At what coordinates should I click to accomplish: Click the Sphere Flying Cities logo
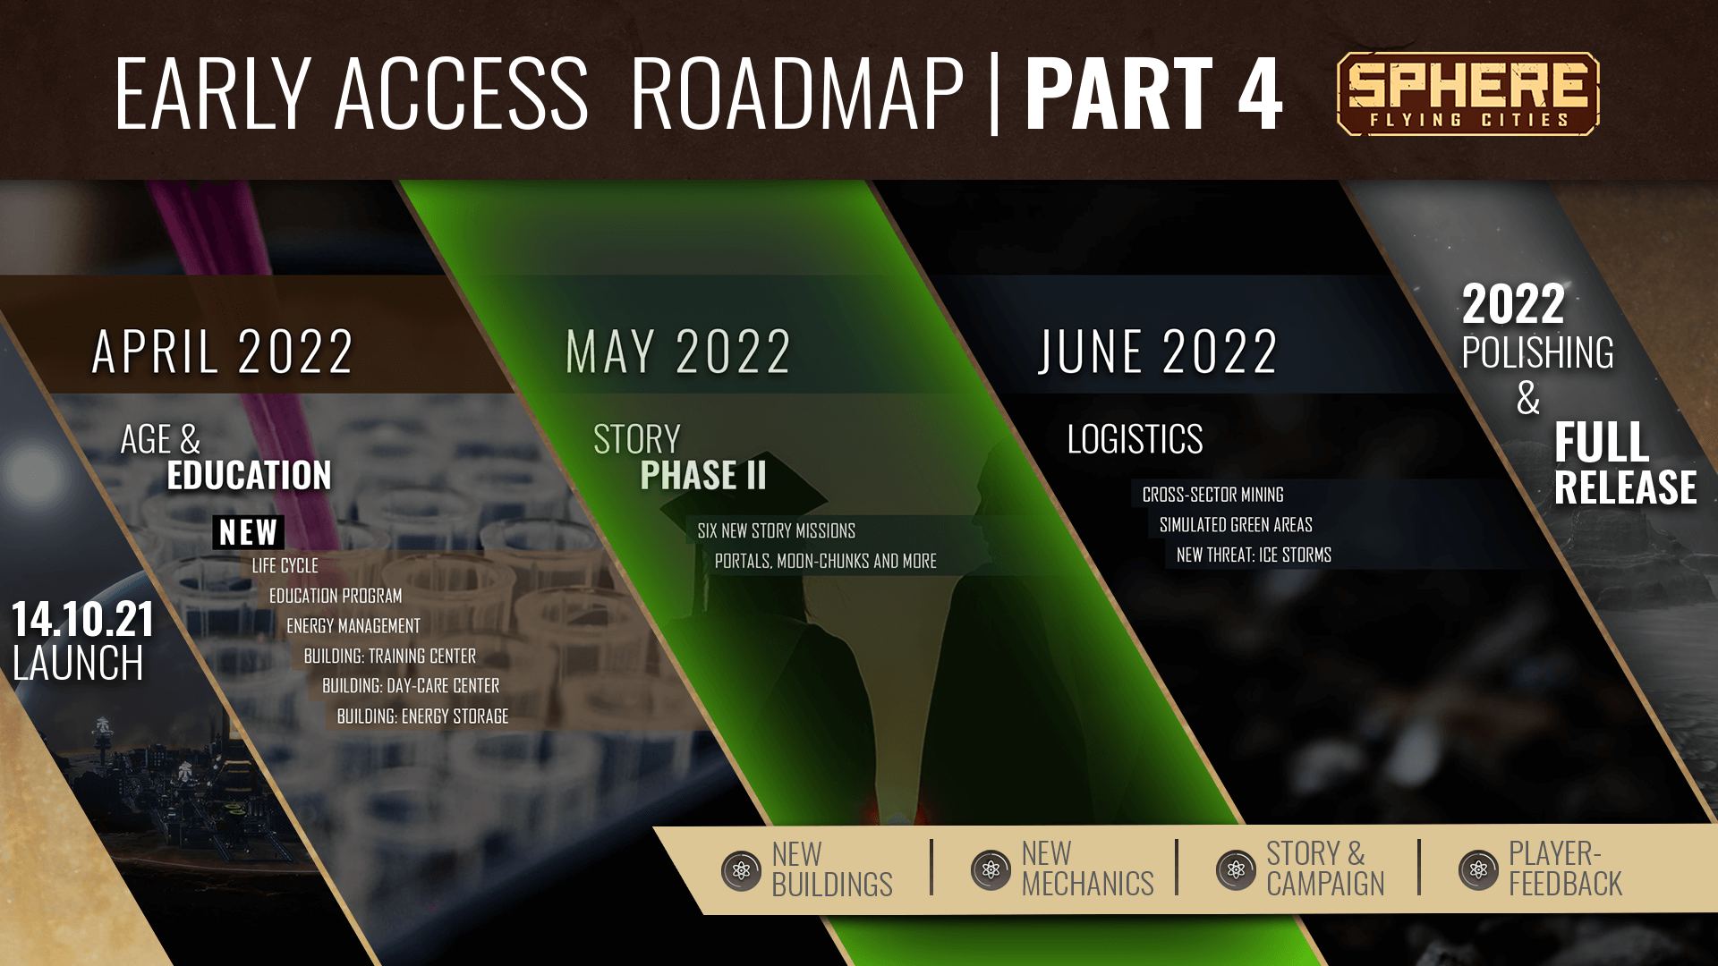(x=1467, y=93)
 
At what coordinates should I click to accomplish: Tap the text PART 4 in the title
(x=1154, y=93)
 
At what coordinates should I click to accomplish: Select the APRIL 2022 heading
(x=223, y=351)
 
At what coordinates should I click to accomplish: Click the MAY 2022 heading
(x=678, y=351)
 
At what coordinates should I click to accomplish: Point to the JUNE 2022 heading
(x=1158, y=351)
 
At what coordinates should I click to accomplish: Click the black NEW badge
(x=248, y=532)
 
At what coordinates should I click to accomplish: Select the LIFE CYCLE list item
(x=285, y=565)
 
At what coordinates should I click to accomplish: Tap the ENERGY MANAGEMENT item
(x=353, y=625)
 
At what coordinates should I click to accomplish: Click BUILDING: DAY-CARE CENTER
(x=411, y=685)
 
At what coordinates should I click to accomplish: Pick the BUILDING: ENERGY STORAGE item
(x=422, y=716)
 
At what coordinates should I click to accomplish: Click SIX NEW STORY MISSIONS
(x=776, y=530)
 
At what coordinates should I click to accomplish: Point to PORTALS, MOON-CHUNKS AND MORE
(x=825, y=561)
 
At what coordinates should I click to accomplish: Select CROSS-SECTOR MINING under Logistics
(x=1212, y=494)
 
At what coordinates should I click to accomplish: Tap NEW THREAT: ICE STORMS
(x=1254, y=555)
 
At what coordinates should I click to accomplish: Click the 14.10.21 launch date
(x=82, y=619)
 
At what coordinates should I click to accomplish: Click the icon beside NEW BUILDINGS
(x=741, y=869)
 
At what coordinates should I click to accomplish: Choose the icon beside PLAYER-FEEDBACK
(x=1478, y=869)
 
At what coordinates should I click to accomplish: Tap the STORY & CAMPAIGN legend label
(x=1325, y=869)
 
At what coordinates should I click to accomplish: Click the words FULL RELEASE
(x=1625, y=463)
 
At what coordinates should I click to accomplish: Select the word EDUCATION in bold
(x=249, y=475)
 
